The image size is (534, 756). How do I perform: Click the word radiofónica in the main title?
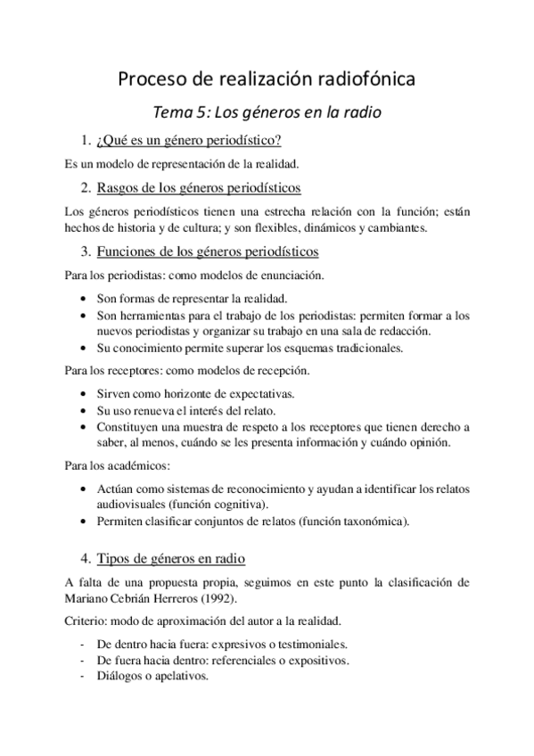click(363, 80)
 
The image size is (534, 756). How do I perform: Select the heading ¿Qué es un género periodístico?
click(194, 141)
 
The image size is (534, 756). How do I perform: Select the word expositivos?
click(316, 660)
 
